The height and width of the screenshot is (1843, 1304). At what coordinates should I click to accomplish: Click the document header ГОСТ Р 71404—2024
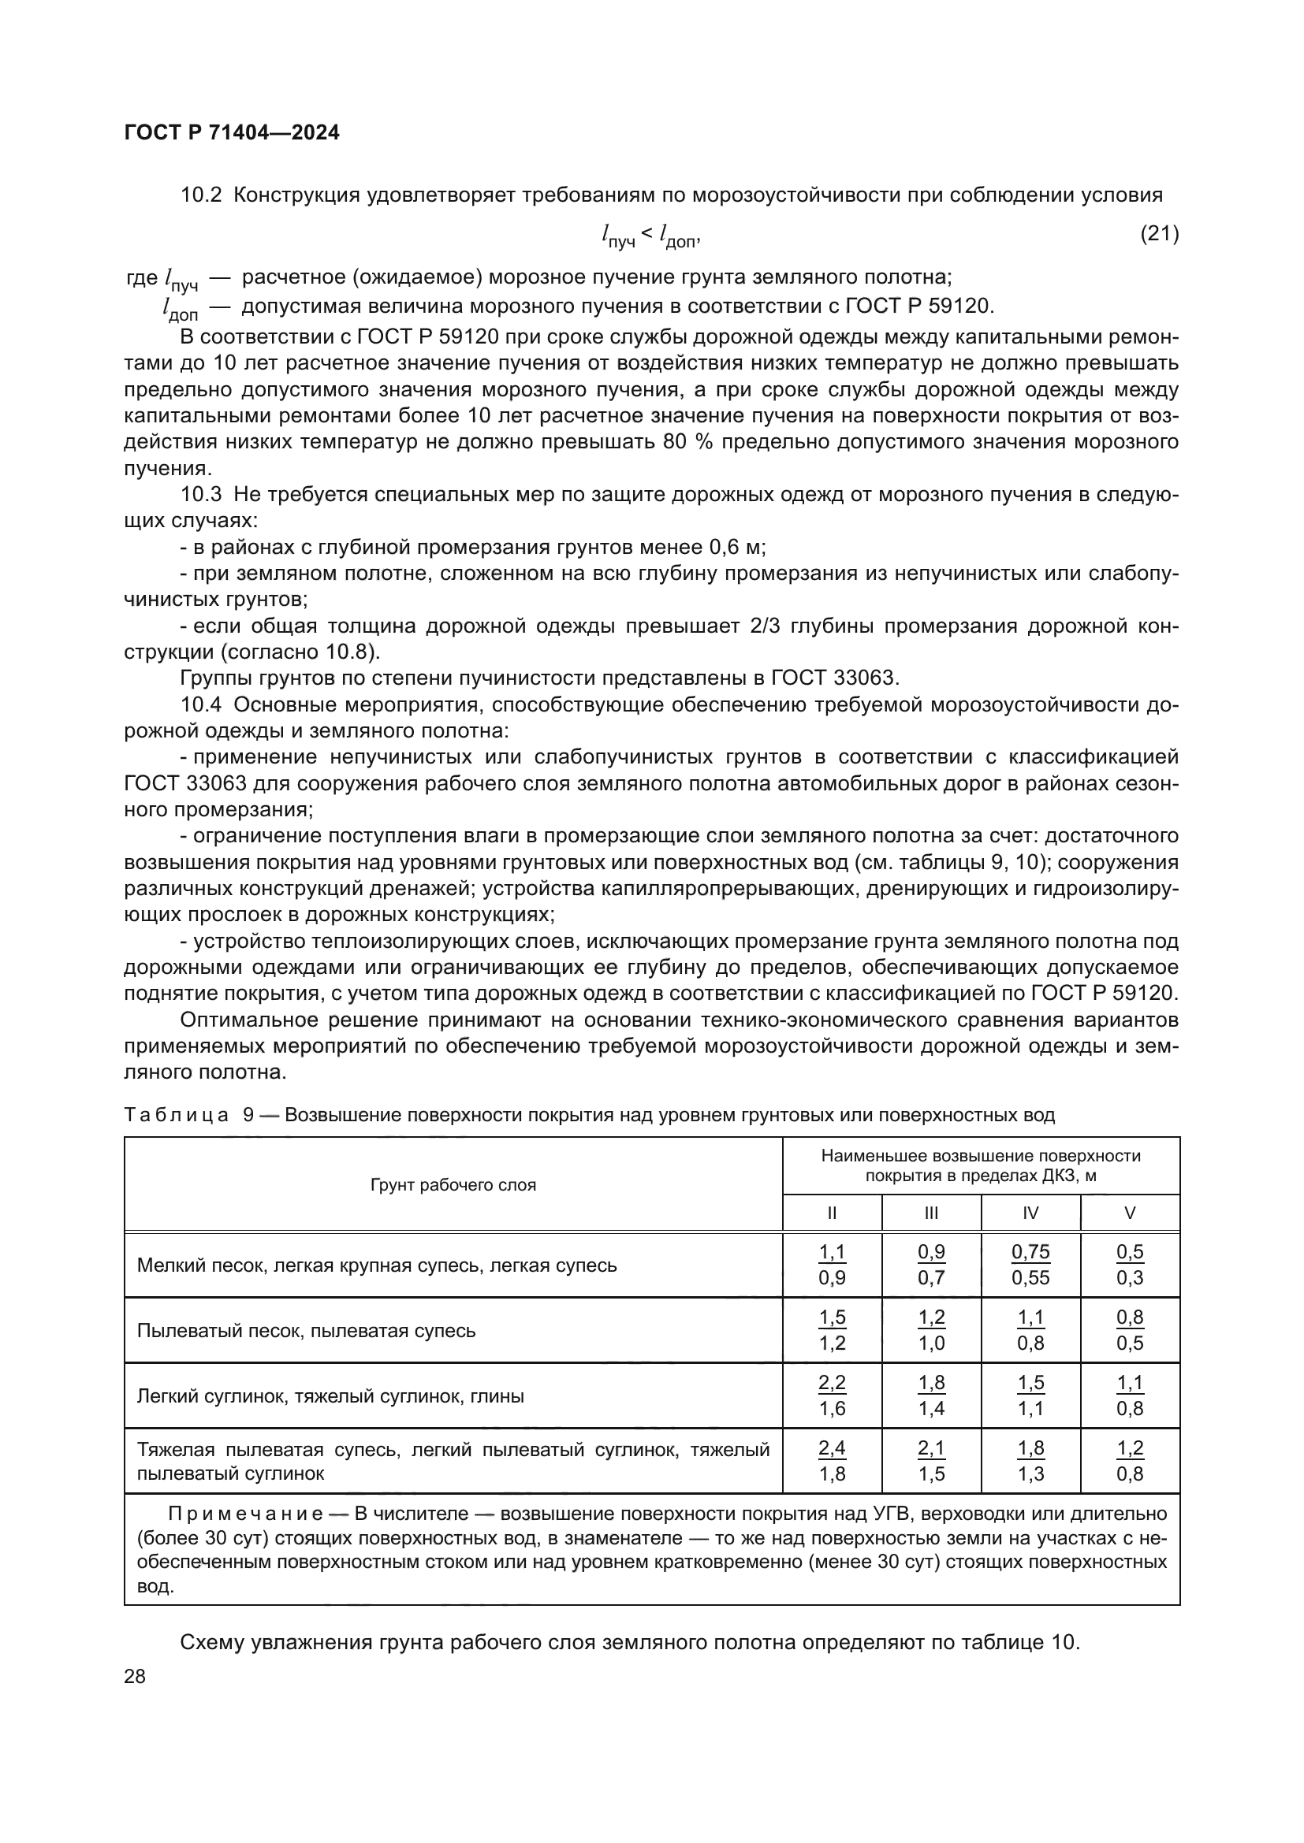point(232,133)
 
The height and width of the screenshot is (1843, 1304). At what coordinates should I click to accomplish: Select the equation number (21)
point(1159,233)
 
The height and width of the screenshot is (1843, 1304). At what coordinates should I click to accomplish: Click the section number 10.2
point(201,195)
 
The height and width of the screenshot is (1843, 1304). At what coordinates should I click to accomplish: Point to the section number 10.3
point(201,495)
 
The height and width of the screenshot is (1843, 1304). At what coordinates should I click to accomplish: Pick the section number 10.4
point(201,704)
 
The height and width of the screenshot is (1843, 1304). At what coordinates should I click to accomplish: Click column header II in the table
point(832,1213)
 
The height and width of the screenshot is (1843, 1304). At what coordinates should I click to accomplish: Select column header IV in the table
point(1030,1213)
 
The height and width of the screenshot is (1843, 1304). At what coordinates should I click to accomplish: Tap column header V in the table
point(1130,1213)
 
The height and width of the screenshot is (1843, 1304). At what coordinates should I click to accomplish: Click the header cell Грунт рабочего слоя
point(453,1185)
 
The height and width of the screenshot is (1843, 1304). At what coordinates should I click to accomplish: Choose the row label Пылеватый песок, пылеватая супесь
point(306,1331)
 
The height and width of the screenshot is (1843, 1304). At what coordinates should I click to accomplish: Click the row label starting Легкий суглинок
point(330,1396)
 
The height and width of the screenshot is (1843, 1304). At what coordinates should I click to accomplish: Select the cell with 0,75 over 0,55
point(1030,1265)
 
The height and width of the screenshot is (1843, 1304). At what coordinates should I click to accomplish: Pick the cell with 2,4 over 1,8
point(832,1461)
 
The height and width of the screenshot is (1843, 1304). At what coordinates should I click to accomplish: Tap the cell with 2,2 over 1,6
point(832,1396)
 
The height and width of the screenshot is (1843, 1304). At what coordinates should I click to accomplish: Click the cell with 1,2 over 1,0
point(931,1331)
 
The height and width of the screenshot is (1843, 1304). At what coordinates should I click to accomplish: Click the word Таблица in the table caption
point(177,1115)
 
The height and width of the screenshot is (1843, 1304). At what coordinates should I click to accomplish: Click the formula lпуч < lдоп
point(650,235)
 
